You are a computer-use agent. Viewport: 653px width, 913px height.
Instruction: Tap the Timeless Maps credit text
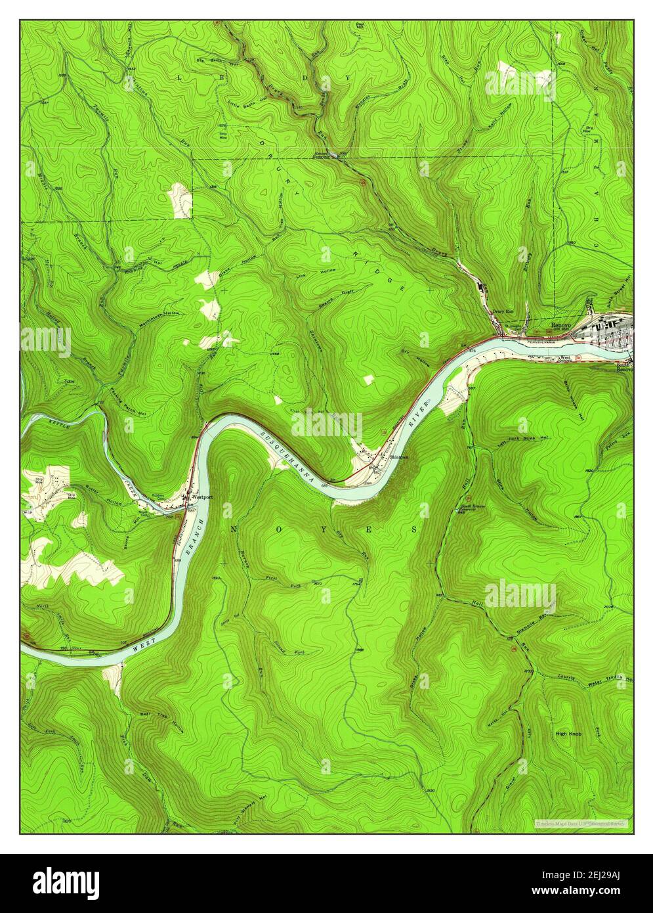580,823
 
